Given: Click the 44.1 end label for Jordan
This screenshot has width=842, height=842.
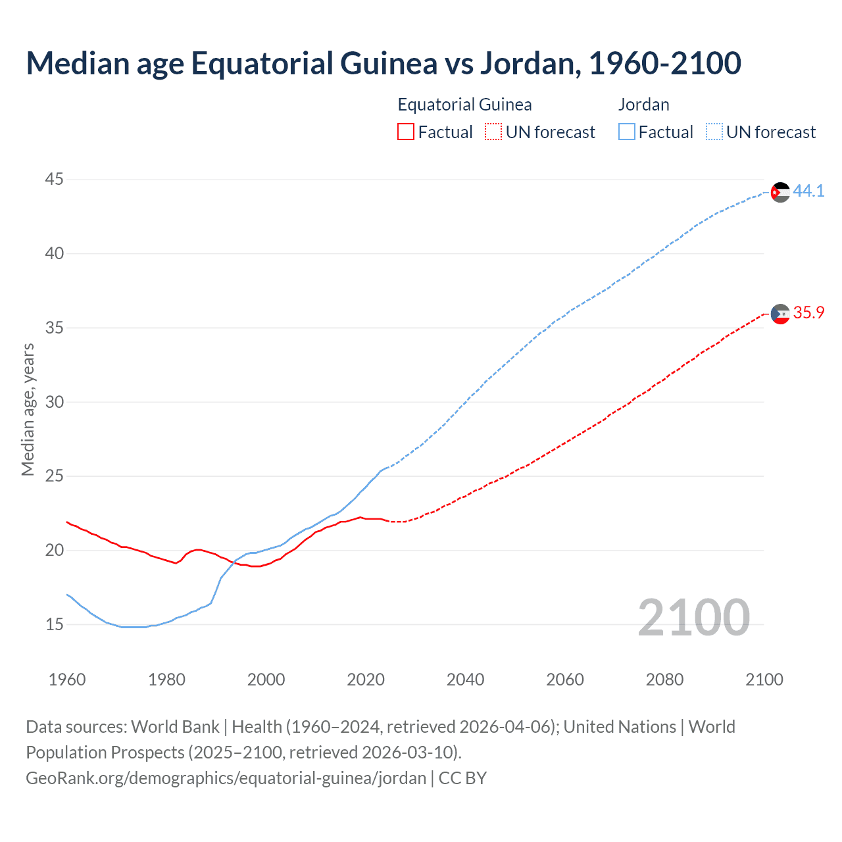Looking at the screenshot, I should click(x=808, y=191).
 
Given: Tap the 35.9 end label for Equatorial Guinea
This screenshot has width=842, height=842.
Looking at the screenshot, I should click(x=808, y=312).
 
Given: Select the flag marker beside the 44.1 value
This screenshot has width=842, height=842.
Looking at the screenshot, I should click(x=780, y=192).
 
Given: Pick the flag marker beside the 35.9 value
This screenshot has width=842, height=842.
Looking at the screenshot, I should click(x=780, y=314).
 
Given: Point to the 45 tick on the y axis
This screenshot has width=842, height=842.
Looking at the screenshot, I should click(x=55, y=179).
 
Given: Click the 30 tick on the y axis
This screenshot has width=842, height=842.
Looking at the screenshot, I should click(x=55, y=401).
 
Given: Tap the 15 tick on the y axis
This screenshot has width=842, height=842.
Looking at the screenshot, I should click(x=55, y=624).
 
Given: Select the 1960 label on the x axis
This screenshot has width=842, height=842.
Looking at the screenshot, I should click(x=67, y=680).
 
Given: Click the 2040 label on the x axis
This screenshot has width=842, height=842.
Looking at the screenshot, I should click(x=465, y=680).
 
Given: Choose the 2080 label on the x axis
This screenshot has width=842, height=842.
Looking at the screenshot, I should click(x=664, y=680).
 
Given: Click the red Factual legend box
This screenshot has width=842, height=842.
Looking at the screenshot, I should click(x=406, y=132).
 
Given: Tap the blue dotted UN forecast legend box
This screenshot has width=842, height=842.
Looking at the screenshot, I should click(x=714, y=132).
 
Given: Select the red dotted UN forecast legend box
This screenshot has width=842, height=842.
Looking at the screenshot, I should click(x=493, y=132).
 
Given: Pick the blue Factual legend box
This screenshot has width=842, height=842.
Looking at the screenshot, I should click(x=627, y=132).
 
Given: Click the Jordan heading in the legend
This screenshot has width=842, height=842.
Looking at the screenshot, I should click(x=643, y=105).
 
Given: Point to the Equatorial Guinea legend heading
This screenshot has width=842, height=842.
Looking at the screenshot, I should click(x=464, y=105).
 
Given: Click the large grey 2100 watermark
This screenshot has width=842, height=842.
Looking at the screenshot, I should click(x=693, y=617).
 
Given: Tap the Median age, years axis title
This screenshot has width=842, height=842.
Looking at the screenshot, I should click(x=28, y=409).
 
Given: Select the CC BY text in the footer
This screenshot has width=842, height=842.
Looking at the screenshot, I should click(x=462, y=778).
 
